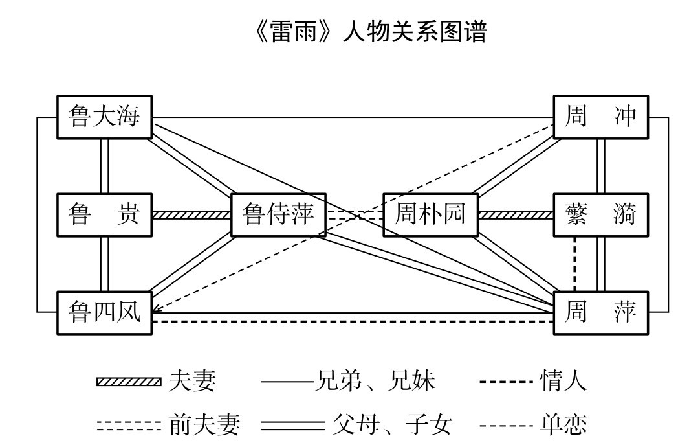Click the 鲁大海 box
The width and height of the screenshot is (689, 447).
pos(104,117)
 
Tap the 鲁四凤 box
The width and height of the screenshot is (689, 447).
pos(104,313)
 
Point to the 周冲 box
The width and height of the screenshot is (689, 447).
pos(600,117)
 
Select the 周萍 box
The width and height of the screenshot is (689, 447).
pos(600,313)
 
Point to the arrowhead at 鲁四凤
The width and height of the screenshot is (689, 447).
pos(157,309)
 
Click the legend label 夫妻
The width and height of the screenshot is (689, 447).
pos(192,381)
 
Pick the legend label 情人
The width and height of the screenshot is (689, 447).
pos(563,381)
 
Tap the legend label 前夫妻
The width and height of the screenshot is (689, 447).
pos(204,425)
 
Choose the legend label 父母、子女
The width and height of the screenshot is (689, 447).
pos(391,425)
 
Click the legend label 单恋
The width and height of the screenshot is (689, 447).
pos(563,425)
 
